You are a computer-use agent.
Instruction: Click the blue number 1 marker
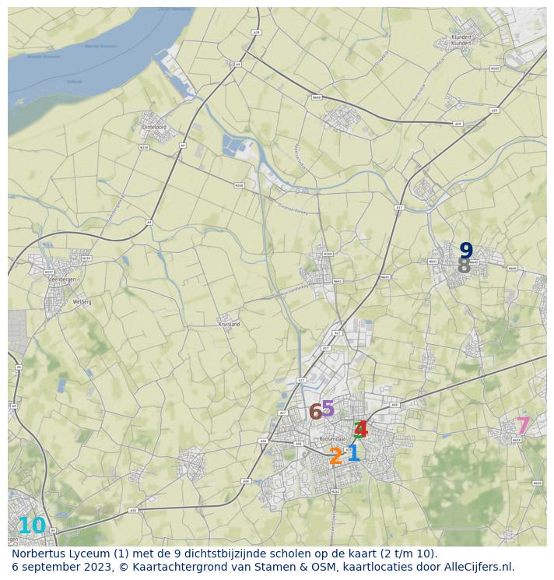click(x=353, y=452)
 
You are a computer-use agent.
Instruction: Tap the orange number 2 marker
click(x=335, y=457)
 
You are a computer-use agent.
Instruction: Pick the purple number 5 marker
click(x=328, y=408)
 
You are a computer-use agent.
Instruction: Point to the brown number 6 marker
click(x=315, y=412)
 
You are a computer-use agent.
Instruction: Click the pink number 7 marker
click(x=523, y=426)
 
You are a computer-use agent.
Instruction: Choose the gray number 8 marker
click(x=464, y=266)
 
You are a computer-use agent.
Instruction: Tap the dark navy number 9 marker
click(x=466, y=251)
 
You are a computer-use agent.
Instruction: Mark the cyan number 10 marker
click(x=32, y=526)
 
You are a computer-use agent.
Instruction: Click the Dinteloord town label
click(x=155, y=126)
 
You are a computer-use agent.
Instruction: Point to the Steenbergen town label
click(x=61, y=278)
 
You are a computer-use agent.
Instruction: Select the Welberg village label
click(x=82, y=301)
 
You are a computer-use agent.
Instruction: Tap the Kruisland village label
click(x=229, y=323)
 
